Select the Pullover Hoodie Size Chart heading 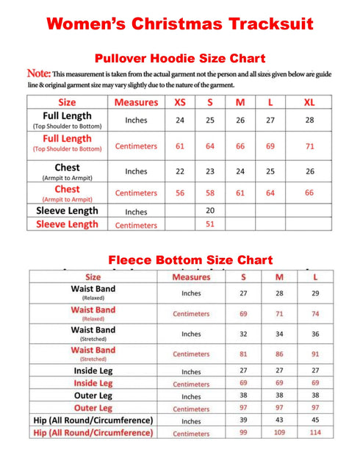coord(180,58)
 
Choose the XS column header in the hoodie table coord(179,102)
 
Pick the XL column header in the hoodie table coord(309,102)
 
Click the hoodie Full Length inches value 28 coord(309,120)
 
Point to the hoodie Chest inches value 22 coord(179,171)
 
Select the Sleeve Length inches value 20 coord(209,210)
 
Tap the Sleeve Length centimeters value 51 coord(209,224)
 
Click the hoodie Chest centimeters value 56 coord(179,193)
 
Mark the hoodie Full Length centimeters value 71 coord(309,146)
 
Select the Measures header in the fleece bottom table coord(191,277)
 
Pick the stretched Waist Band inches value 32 coord(244,333)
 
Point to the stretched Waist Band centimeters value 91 coord(315,354)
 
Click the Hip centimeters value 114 coord(315,433)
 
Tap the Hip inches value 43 coord(279,420)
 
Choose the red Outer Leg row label coord(93,408)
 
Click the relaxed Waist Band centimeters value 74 coord(315,313)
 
